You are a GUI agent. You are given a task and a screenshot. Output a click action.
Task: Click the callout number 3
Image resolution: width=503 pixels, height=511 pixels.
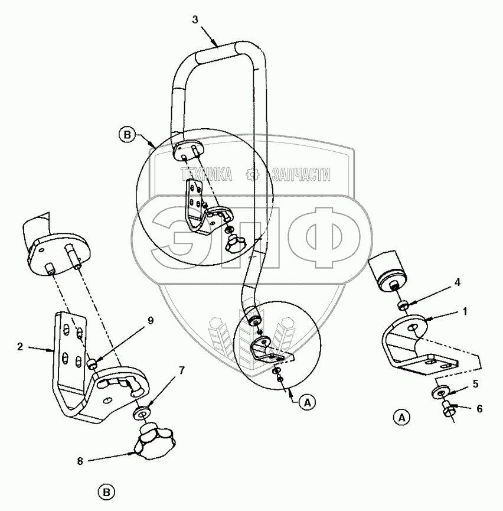(195, 19)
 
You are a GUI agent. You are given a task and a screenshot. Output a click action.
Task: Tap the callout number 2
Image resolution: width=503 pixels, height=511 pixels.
(20, 348)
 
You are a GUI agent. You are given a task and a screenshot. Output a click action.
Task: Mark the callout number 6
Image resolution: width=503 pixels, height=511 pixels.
(479, 408)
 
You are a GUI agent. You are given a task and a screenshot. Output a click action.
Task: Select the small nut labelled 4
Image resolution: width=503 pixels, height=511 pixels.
(404, 304)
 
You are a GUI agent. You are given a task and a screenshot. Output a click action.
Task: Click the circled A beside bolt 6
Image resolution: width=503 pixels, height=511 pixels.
(402, 417)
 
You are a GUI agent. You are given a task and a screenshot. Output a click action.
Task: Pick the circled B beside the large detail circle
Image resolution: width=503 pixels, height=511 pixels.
(127, 134)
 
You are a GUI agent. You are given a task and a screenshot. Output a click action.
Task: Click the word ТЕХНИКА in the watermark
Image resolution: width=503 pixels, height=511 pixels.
(205, 174)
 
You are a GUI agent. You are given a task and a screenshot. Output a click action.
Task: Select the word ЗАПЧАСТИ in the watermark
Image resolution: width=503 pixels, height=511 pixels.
(301, 174)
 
